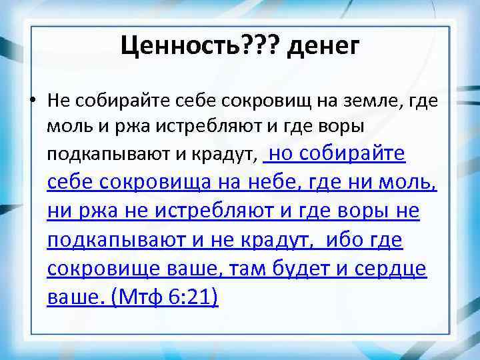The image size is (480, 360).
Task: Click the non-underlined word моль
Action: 64,127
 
